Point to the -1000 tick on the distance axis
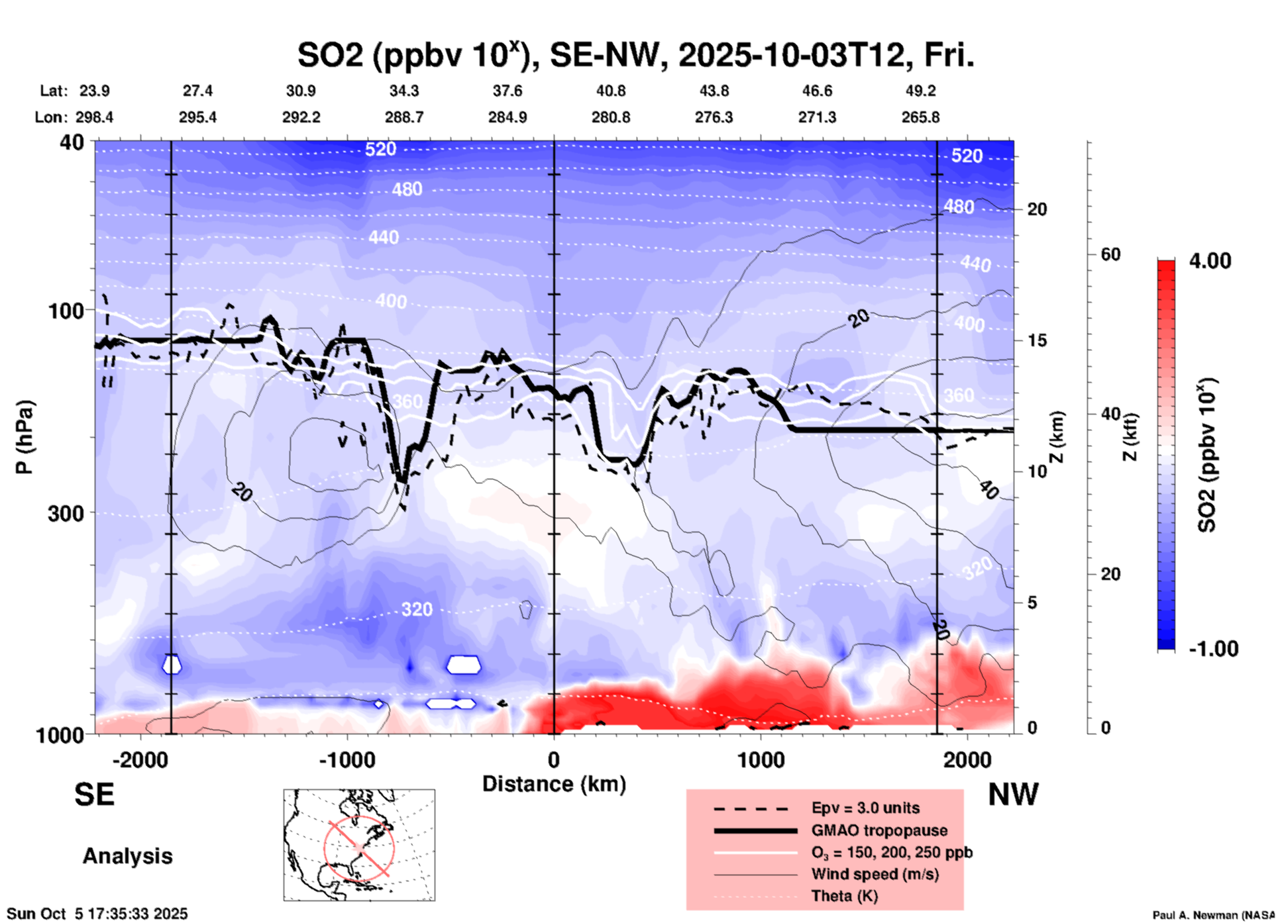click(x=346, y=759)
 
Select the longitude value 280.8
click(x=610, y=117)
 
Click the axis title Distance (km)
click(x=554, y=784)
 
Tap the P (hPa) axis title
click(x=25, y=437)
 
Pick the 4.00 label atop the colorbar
click(x=1210, y=261)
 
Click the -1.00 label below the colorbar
click(x=1213, y=648)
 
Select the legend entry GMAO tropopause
click(x=879, y=830)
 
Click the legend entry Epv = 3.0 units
click(x=865, y=808)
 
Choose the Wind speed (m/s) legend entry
click(x=875, y=874)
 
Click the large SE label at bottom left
click(x=94, y=795)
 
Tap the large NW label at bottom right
click(x=1013, y=795)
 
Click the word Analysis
click(x=127, y=856)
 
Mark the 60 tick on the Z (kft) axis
click(x=1110, y=254)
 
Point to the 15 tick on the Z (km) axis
click(x=1037, y=340)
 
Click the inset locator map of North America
click(x=359, y=845)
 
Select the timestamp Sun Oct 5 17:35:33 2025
click(x=97, y=914)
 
